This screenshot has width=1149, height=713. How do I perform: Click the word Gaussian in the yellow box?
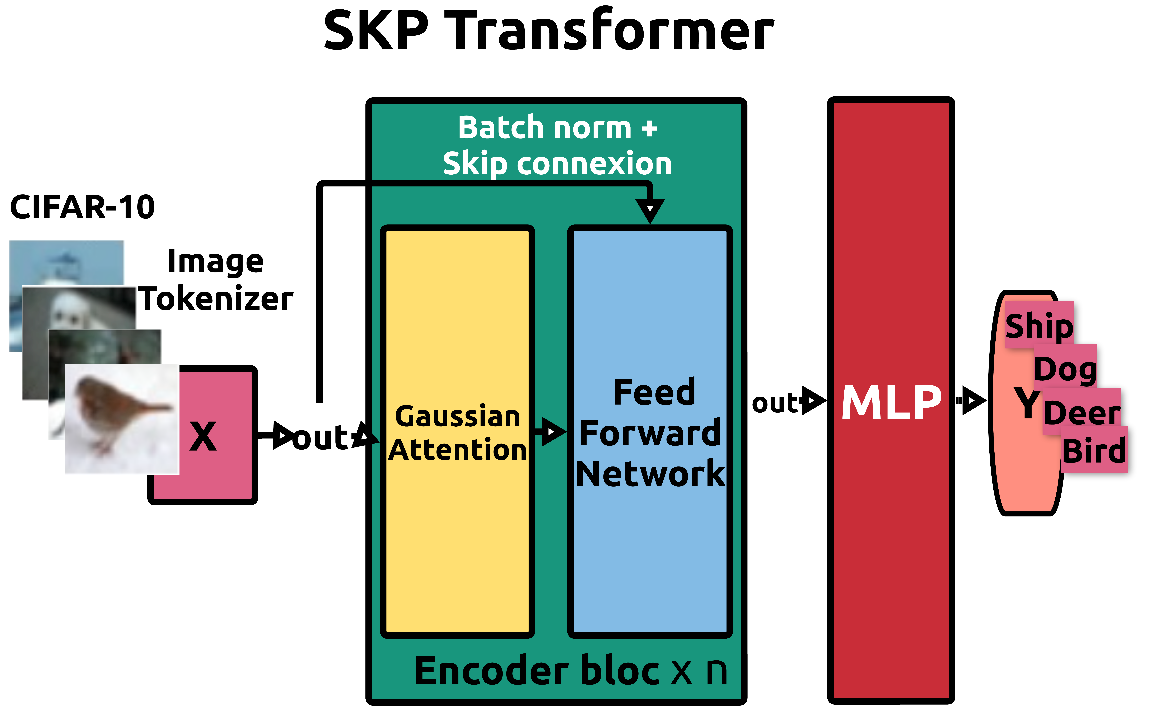tap(457, 417)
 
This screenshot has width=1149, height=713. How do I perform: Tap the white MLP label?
tap(891, 402)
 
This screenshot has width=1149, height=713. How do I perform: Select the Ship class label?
tap(1039, 325)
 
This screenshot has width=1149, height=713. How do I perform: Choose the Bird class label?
tap(1094, 451)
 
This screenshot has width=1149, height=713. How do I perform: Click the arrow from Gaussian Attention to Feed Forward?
tap(552, 431)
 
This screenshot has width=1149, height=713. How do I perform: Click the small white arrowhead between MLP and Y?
tap(971, 400)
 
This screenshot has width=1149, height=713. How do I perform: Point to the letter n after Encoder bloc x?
tap(716, 672)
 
